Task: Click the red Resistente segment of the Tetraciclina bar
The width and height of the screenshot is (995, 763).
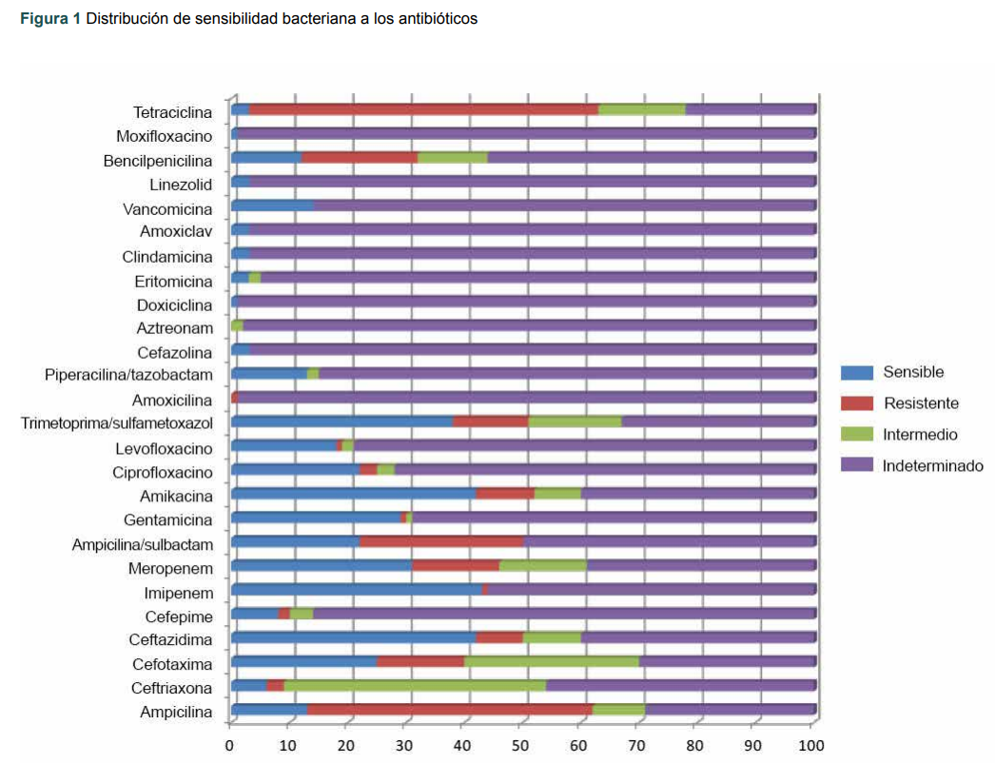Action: tap(423, 109)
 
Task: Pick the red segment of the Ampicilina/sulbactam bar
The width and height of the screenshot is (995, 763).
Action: tap(441, 541)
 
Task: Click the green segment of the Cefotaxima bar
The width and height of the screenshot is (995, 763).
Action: tap(551, 661)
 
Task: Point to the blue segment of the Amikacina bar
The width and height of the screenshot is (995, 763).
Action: tap(353, 493)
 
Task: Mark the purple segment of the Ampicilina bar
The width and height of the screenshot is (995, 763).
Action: tap(731, 709)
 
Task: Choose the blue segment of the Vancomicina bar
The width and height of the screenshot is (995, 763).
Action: tap(272, 205)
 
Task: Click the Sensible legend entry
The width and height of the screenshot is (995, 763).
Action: tap(912, 372)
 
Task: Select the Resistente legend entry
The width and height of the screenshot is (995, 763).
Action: tap(920, 403)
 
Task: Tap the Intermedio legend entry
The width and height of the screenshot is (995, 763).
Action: tap(919, 435)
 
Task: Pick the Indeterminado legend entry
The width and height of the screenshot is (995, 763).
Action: tap(931, 466)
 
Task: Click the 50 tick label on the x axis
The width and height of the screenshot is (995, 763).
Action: tap(520, 745)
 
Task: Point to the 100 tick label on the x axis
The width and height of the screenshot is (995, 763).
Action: tap(810, 745)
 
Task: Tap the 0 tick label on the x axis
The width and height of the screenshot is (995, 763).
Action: tap(230, 745)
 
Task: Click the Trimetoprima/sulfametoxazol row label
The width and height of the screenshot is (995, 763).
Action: tap(117, 422)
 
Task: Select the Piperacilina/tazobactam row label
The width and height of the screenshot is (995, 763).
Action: tap(128, 374)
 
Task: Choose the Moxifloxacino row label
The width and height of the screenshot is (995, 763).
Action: tap(165, 135)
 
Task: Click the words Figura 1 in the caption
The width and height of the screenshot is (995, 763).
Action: tap(50, 19)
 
